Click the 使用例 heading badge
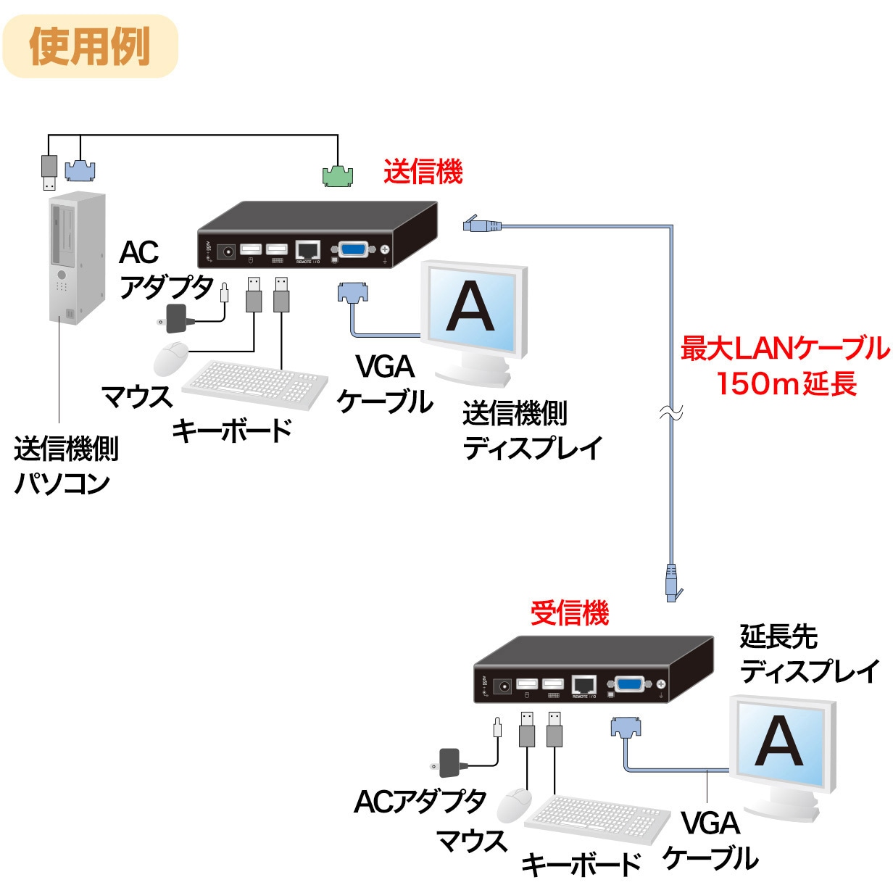90,46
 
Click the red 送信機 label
423,173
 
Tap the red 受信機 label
569,613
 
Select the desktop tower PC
76,257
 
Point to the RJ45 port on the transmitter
308,251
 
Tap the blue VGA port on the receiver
628,684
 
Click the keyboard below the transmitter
254,383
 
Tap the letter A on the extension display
778,742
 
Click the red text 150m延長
786,383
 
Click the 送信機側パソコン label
65,466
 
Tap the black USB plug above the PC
49,171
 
